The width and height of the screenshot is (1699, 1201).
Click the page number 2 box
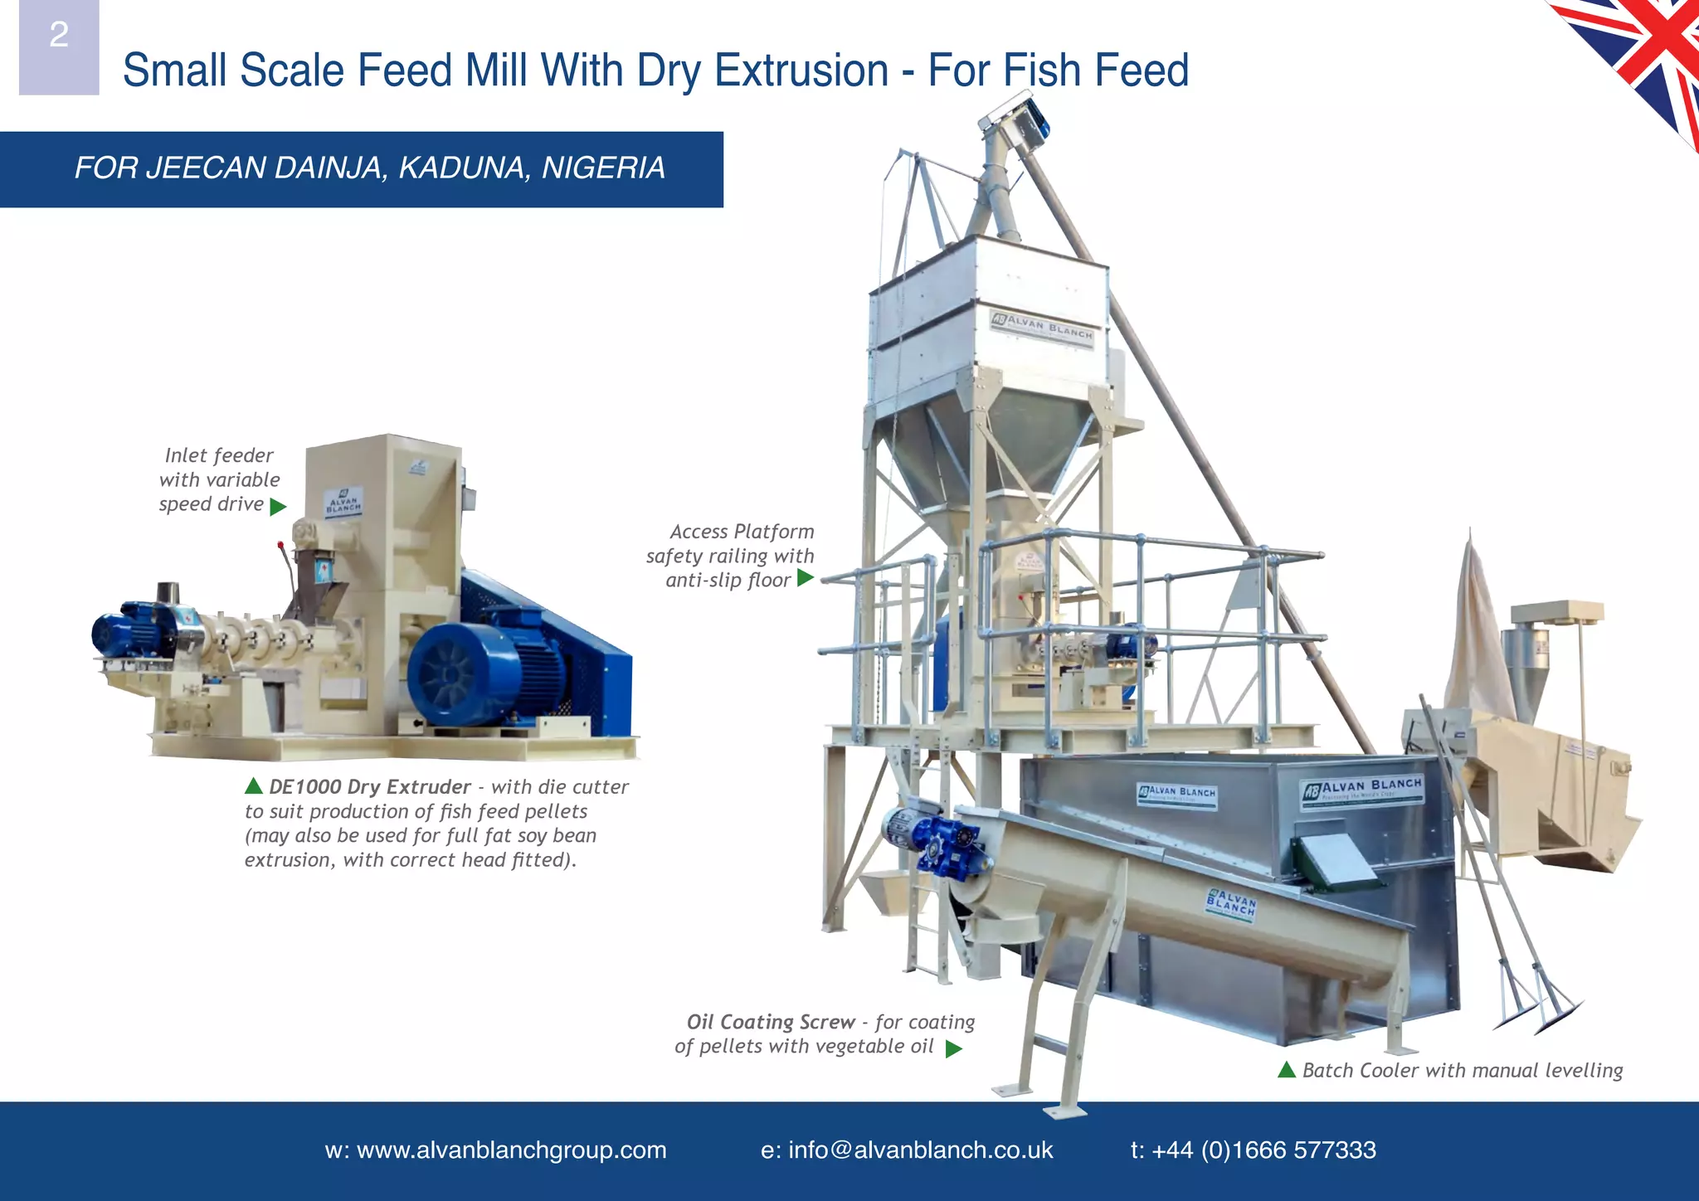pos(59,46)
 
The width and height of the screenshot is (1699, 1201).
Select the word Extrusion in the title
pos(801,71)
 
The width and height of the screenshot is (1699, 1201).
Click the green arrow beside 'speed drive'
pos(278,506)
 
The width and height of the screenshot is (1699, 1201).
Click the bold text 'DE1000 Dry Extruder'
pos(369,787)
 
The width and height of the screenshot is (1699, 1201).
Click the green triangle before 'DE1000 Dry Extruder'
pos(254,785)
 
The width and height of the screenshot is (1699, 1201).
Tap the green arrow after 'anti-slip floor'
pos(805,578)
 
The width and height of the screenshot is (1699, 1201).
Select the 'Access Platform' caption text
pos(742,532)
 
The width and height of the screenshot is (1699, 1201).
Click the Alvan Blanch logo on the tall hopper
pos(1043,326)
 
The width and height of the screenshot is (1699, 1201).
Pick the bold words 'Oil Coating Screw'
pos(770,1022)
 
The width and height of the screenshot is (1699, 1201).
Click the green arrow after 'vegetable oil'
pos(954,1048)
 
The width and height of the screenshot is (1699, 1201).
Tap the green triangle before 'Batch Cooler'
pos(1287,1070)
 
